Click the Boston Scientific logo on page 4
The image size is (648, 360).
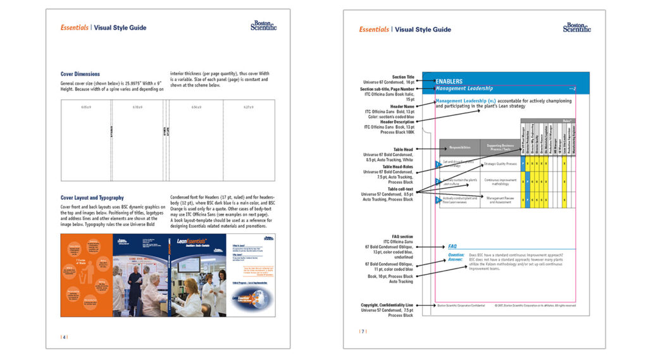[x=263, y=26]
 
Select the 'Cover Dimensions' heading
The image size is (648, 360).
[x=80, y=74]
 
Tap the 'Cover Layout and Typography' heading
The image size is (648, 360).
[x=92, y=198]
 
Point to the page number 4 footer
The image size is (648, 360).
[x=64, y=337]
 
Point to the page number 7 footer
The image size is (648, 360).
[x=363, y=331]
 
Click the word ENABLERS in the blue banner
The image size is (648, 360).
[x=449, y=81]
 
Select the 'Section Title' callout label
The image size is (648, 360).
[x=402, y=77]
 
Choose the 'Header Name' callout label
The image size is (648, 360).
[x=402, y=106]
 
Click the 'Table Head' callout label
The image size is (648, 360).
[x=401, y=149]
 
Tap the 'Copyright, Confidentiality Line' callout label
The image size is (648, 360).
[x=387, y=305]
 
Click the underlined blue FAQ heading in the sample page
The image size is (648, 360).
[x=452, y=246]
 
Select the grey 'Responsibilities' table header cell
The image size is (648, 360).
[x=459, y=147]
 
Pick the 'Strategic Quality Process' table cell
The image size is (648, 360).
[x=500, y=164]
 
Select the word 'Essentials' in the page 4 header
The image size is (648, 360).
[x=74, y=28]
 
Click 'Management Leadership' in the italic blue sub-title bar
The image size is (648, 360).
[x=464, y=89]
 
